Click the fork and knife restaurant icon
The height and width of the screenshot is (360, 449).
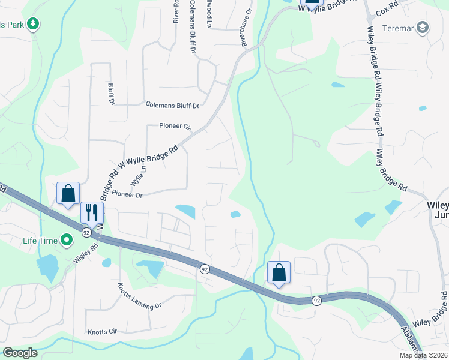tap(91, 212)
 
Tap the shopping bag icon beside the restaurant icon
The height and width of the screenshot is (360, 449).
tap(68, 193)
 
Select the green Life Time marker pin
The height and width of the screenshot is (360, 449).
tap(66, 241)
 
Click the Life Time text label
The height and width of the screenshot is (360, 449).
tap(40, 241)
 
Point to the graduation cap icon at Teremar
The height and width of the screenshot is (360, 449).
tap(423, 28)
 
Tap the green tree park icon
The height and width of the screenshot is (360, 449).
tap(34, 25)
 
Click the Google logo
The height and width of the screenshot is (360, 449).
tap(19, 353)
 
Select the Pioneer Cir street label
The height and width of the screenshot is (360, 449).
tap(175, 127)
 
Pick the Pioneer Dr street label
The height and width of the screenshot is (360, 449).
tap(127, 195)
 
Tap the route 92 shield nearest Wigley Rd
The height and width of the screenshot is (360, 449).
tap(87, 232)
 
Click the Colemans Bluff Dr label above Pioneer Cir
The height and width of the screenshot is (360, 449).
tap(172, 105)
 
